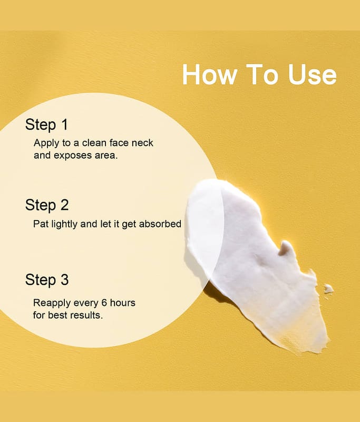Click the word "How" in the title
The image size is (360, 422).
pos(210,74)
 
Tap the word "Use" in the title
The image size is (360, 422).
pos(312,74)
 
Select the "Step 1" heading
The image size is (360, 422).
pos(46,125)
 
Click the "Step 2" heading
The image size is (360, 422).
pos(47,205)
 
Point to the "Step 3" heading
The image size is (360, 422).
pos(47,280)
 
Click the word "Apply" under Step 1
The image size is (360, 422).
pos(46,143)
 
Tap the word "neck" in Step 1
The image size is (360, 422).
pos(142,142)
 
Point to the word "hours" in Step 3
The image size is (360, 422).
pos(123,303)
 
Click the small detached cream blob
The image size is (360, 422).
pos(328,289)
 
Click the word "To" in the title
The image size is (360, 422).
pos(262,74)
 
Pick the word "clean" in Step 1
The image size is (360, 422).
pos(94,142)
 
